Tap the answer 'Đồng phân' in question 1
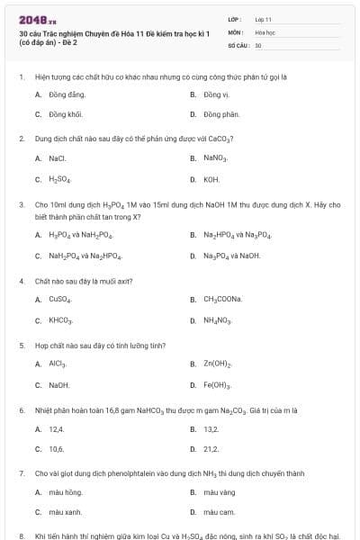(220, 114)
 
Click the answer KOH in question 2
(211, 178)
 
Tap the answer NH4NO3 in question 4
(217, 319)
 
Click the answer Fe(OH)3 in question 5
(218, 384)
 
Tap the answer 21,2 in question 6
(211, 448)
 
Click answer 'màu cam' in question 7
(219, 512)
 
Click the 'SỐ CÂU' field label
(238, 44)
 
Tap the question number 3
(21, 204)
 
